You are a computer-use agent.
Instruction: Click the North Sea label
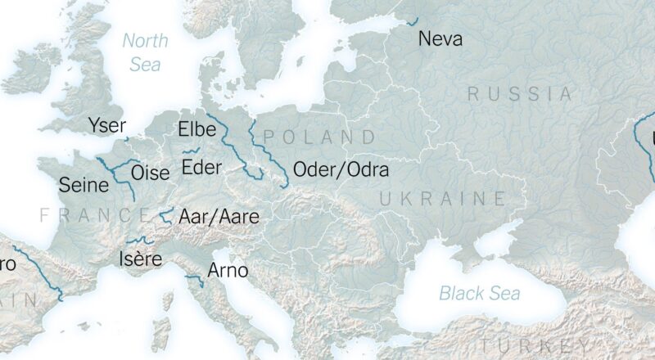(x=146, y=52)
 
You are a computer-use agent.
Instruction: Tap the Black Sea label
(x=480, y=293)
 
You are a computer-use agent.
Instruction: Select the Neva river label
(x=440, y=38)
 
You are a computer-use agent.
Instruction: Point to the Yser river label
(x=107, y=125)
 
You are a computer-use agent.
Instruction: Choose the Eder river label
(x=201, y=168)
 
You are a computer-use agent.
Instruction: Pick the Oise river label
(x=151, y=173)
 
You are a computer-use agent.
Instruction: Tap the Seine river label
(x=84, y=186)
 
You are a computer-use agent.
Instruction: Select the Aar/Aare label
(x=219, y=217)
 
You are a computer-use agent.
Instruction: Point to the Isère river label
(x=140, y=259)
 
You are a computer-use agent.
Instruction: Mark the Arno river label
(x=228, y=270)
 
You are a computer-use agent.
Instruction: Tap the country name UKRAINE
(x=443, y=198)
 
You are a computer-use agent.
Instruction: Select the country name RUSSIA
(x=520, y=94)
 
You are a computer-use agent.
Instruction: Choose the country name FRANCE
(x=95, y=216)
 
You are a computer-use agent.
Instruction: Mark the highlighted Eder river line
(x=191, y=151)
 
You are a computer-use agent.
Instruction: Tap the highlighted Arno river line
(x=195, y=281)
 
